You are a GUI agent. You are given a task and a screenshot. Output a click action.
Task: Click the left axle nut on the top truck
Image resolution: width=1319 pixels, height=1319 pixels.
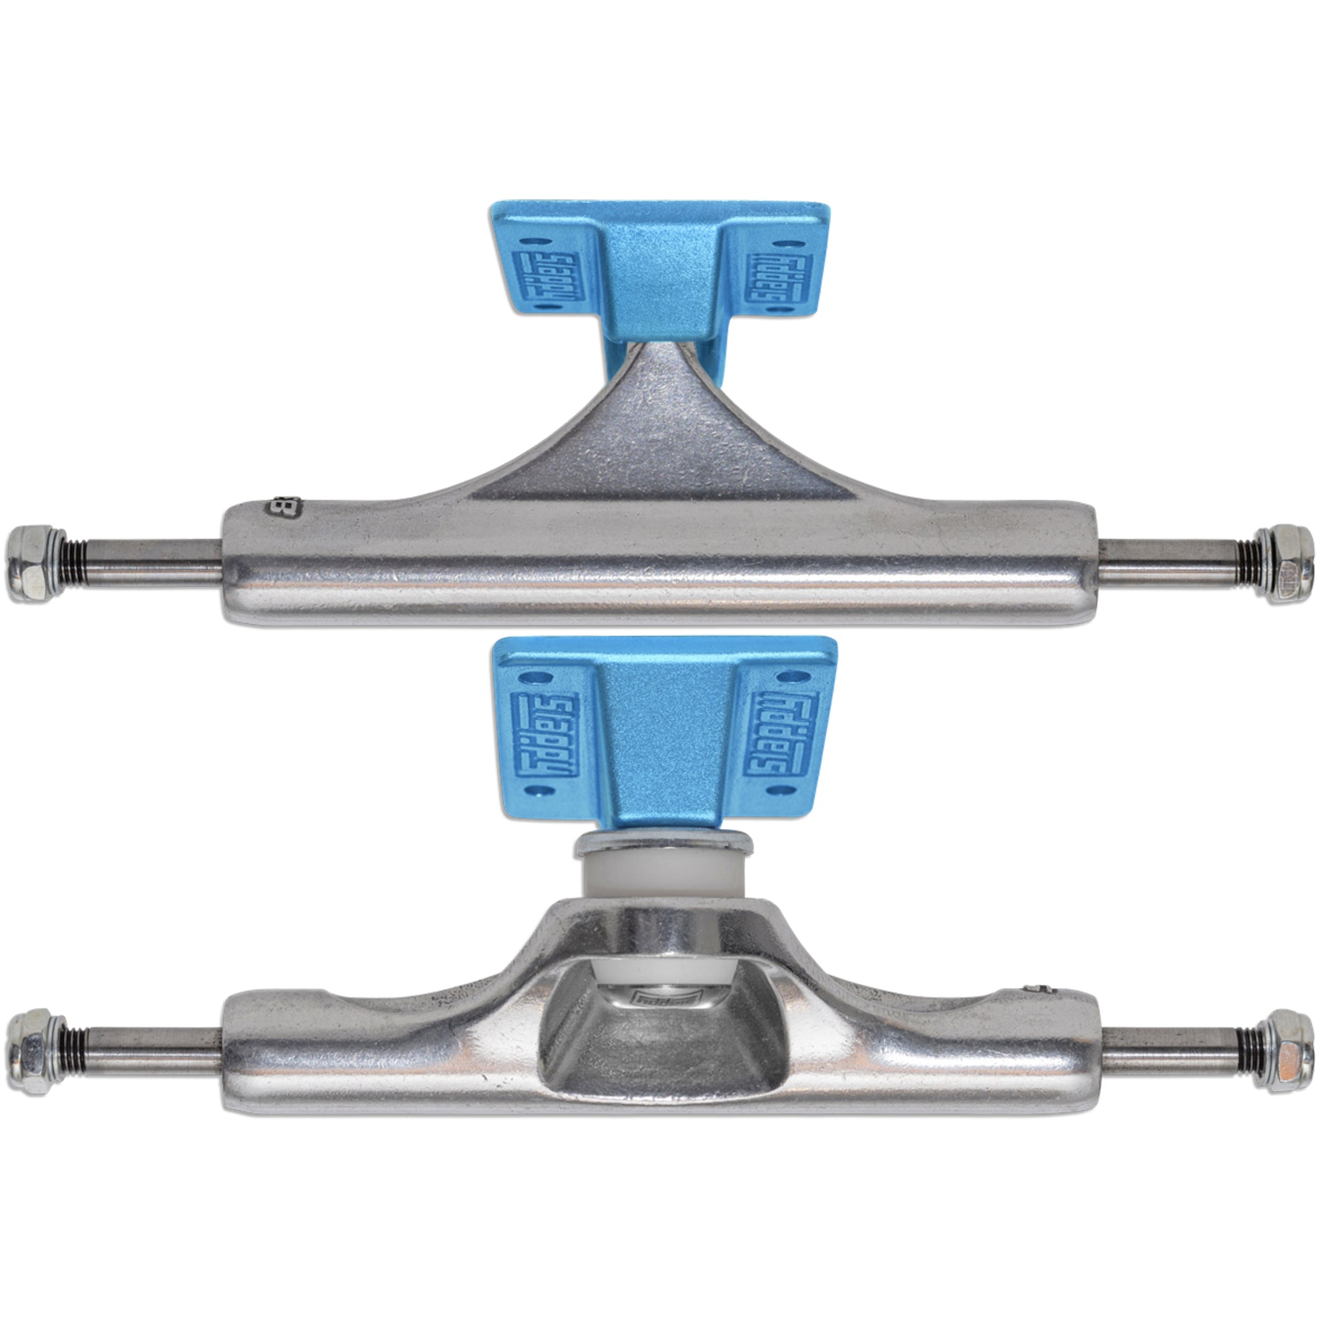coord(36,563)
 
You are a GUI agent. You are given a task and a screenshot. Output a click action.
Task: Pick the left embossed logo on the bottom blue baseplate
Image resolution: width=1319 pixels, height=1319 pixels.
coord(544,735)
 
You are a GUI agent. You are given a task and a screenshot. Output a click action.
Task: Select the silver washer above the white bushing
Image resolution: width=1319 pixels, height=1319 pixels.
coord(662,843)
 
